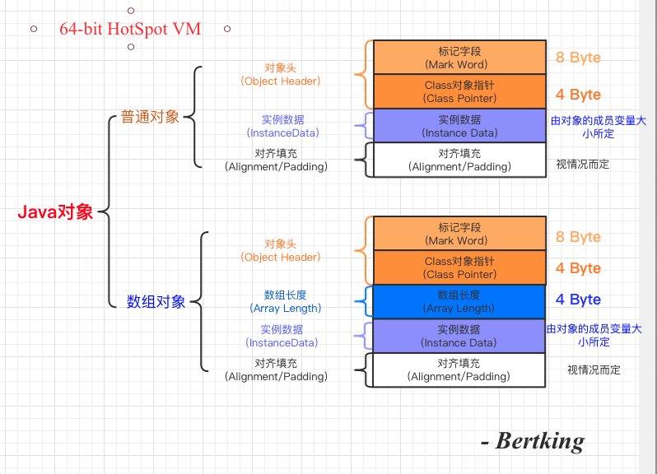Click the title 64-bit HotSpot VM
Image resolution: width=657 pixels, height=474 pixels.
pyautogui.click(x=130, y=28)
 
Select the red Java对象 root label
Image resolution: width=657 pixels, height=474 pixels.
pyautogui.click(x=56, y=212)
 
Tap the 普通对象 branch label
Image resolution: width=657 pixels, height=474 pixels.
pyautogui.click(x=150, y=116)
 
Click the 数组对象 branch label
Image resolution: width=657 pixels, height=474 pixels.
pyautogui.click(x=156, y=301)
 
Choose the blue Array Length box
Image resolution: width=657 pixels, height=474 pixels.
pyautogui.click(x=459, y=301)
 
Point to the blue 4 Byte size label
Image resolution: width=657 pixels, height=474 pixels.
pyautogui.click(x=578, y=300)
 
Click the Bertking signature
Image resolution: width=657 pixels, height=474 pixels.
pyautogui.click(x=539, y=441)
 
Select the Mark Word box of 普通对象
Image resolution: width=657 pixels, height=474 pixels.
pyautogui.click(x=459, y=58)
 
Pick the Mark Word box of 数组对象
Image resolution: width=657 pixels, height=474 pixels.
pyautogui.click(x=459, y=234)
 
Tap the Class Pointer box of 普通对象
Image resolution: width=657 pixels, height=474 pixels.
pyautogui.click(x=459, y=91)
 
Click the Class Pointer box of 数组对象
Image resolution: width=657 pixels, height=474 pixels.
pyautogui.click(x=459, y=267)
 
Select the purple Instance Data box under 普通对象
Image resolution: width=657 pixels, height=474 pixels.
pyautogui.click(x=459, y=126)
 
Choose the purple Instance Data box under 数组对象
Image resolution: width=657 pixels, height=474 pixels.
pyautogui.click(x=459, y=336)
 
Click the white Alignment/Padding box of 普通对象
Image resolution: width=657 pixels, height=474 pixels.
pyautogui.click(x=459, y=160)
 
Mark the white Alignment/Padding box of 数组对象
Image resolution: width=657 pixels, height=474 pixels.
pyautogui.click(x=459, y=369)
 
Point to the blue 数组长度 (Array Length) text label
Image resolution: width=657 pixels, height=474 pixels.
pyautogui.click(x=285, y=301)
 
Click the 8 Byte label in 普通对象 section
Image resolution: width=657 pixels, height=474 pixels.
pyautogui.click(x=578, y=58)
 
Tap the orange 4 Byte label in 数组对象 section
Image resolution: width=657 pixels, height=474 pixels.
pyautogui.click(x=578, y=268)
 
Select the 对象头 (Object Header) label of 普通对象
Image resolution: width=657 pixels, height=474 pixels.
pyautogui.click(x=281, y=74)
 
